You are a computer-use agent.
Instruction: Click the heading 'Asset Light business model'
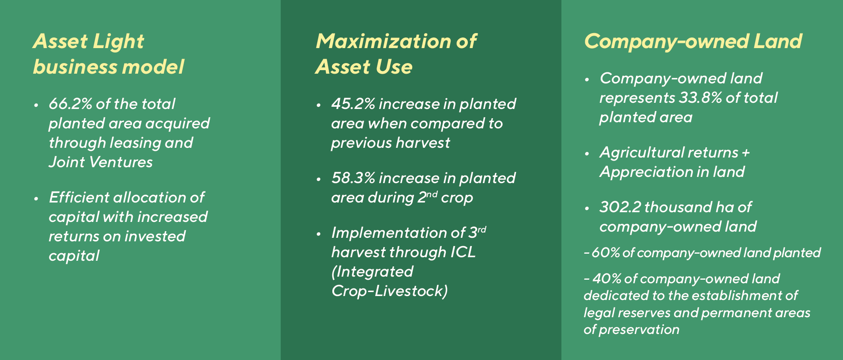click(108, 54)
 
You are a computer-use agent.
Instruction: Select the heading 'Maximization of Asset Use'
click(396, 54)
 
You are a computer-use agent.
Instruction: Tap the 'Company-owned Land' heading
click(692, 41)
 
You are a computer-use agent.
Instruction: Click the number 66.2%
click(70, 104)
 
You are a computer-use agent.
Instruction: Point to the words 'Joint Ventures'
click(101, 162)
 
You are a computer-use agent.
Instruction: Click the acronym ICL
click(463, 252)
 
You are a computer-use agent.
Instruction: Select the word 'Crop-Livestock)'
click(389, 291)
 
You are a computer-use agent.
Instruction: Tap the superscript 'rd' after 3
click(482, 229)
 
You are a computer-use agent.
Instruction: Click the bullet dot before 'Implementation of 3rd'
click(319, 234)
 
